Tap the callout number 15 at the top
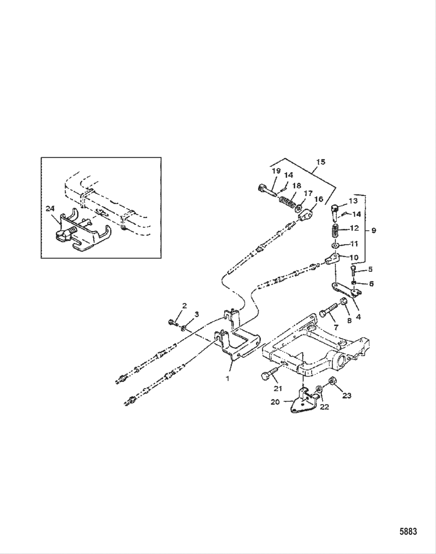[321, 161]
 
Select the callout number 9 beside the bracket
[373, 231]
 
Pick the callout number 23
[347, 395]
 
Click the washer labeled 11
[334, 246]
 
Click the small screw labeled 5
[353, 271]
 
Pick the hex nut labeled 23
[333, 380]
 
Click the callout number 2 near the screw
[184, 306]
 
